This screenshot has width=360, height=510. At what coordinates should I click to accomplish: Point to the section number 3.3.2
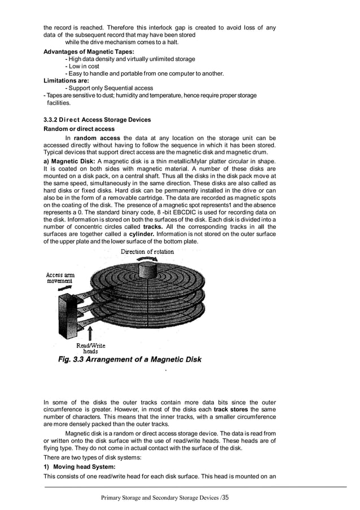click(x=53, y=120)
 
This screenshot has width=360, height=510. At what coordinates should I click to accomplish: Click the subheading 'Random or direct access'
click(x=79, y=129)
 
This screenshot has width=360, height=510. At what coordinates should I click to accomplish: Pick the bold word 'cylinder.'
click(x=148, y=234)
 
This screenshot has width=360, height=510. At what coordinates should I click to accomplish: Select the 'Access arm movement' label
click(x=59, y=277)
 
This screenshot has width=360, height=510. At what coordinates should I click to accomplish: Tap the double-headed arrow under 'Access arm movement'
click(x=65, y=288)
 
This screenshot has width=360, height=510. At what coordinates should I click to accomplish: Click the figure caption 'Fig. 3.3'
click(x=75, y=360)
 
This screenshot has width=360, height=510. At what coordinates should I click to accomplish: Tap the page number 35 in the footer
click(x=226, y=498)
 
